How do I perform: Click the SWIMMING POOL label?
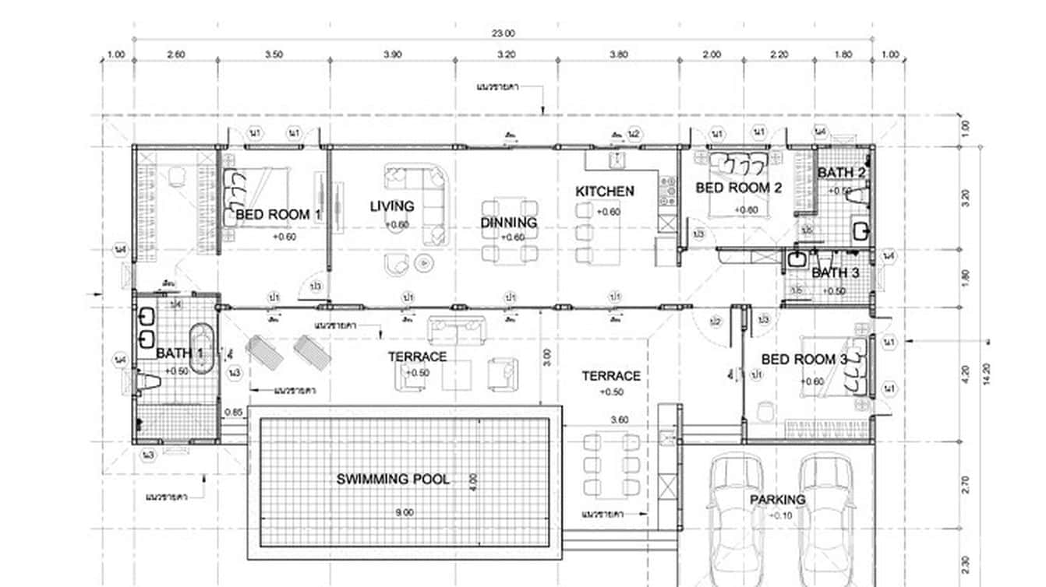[x=393, y=479]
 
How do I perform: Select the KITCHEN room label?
[x=605, y=191]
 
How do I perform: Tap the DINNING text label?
[x=508, y=223]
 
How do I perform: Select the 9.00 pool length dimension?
[x=404, y=512]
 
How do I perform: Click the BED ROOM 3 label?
[x=804, y=360]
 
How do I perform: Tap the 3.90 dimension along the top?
[x=393, y=54]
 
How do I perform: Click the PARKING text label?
[x=777, y=499]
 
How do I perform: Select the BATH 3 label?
[x=835, y=273]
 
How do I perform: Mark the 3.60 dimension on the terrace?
[x=619, y=420]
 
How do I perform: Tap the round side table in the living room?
[x=424, y=262]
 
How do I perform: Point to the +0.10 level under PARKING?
[x=779, y=515]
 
